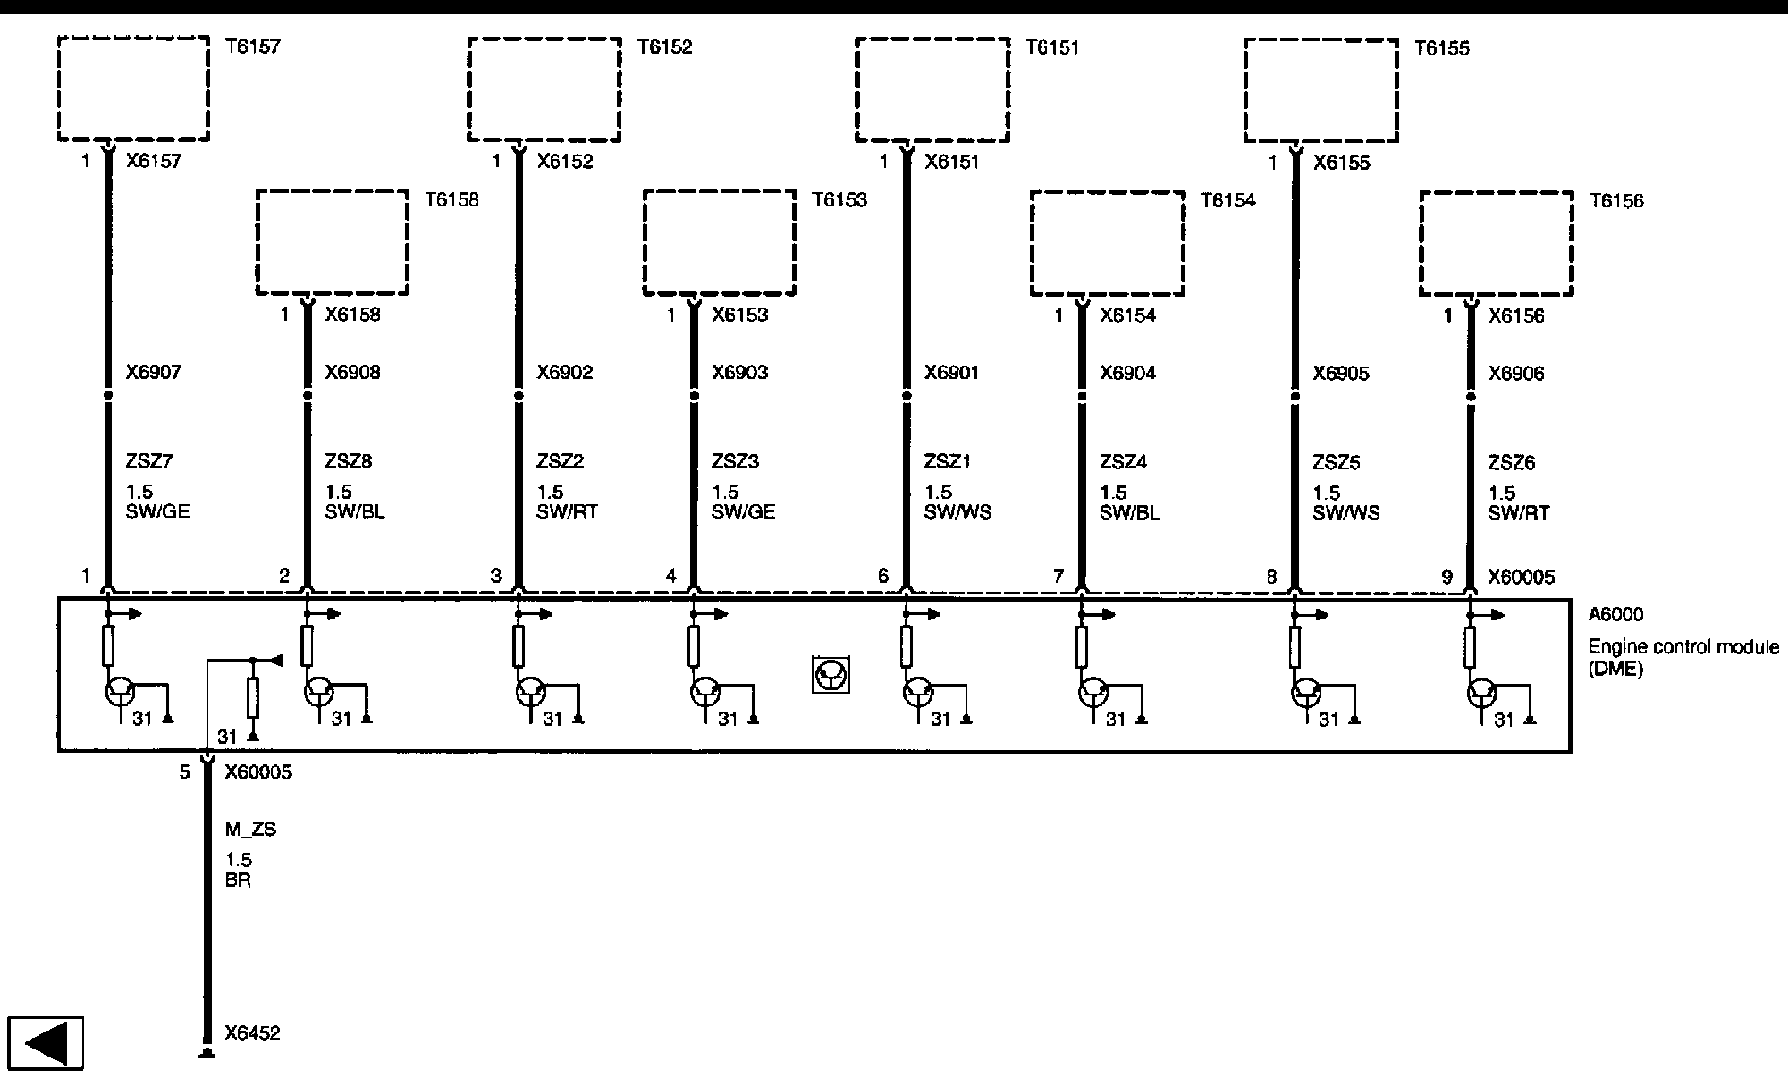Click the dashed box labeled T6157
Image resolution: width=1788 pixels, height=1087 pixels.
coord(133,88)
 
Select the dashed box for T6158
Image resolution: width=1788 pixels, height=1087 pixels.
coord(332,241)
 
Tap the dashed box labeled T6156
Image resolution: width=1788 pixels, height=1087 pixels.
coord(1496,243)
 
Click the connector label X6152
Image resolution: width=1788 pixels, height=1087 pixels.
coord(564,162)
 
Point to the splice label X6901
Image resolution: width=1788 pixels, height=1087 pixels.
coord(951,372)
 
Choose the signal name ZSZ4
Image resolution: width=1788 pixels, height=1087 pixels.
coord(1123,462)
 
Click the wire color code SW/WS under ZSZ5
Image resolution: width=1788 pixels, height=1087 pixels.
coord(1345,513)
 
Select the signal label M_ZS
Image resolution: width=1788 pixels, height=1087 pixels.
coord(250,830)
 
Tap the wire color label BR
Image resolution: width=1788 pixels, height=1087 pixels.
coord(238,881)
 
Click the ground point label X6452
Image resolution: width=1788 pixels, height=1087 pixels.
coord(252,1033)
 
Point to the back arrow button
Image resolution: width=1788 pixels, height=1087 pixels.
coord(46,1043)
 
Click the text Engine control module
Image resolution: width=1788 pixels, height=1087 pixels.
coord(1683,647)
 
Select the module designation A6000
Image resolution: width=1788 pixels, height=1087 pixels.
coord(1615,615)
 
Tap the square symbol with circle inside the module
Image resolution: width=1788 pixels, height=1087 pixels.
coord(831,675)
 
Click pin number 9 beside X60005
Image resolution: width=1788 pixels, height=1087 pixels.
coord(1447,577)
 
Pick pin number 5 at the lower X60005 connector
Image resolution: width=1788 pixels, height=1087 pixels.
coord(185,772)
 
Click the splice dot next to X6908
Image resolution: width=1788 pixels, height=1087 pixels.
coord(308,395)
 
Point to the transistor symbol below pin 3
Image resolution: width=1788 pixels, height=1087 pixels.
coord(530,692)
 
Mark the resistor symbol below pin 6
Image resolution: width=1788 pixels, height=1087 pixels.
coord(907,646)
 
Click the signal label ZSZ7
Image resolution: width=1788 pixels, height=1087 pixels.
coord(149,462)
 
